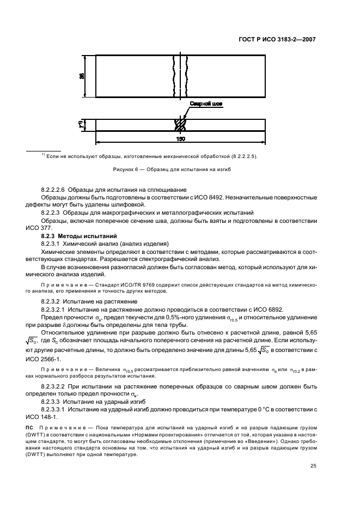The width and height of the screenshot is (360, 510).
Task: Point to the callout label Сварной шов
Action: [205, 103]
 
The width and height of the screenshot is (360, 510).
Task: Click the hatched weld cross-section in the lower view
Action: [180, 124]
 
